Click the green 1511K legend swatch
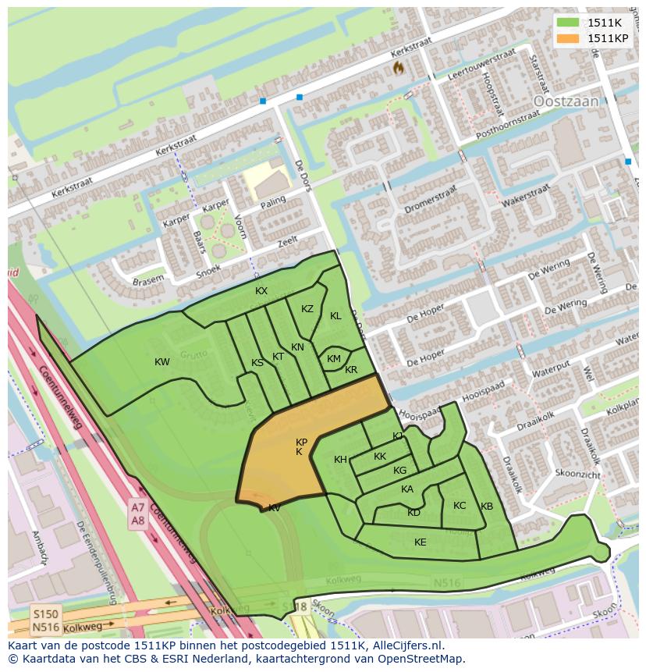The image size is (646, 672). click(568, 23)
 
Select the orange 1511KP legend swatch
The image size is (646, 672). click(568, 38)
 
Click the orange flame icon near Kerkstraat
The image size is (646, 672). click(399, 69)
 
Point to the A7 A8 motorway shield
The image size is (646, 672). click(137, 514)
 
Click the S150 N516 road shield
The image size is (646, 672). click(44, 621)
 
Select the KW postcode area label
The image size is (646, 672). click(161, 362)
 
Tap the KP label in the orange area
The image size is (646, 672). click(301, 443)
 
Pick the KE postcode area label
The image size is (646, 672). click(420, 542)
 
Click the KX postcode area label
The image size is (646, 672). click(261, 291)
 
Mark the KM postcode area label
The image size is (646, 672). click(334, 359)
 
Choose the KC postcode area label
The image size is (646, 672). click(460, 506)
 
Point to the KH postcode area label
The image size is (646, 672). click(340, 460)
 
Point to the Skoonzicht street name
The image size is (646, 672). click(578, 475)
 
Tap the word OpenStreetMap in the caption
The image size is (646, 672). click(418, 659)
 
